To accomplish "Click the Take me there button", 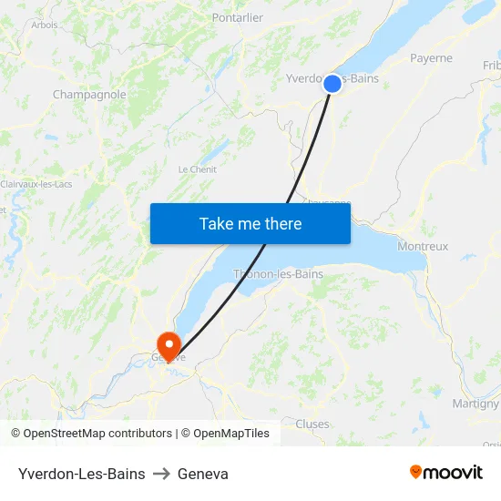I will [x=250, y=223].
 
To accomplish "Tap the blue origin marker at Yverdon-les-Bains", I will [x=332, y=84].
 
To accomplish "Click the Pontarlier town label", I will [x=237, y=17].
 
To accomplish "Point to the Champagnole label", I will [x=89, y=94].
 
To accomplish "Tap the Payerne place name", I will [x=431, y=58].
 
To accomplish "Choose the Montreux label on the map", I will [x=423, y=246].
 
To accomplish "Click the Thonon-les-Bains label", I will [x=278, y=273].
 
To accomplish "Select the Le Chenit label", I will [x=197, y=169].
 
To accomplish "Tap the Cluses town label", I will [x=312, y=424].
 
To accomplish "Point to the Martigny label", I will [x=475, y=404].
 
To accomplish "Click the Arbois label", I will [x=44, y=25].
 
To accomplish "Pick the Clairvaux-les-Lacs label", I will [x=36, y=184].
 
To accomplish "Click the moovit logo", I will [x=446, y=472].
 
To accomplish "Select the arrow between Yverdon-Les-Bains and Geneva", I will [x=161, y=474].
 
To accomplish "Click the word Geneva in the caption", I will [x=203, y=474].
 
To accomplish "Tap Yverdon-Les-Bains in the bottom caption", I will [x=81, y=474].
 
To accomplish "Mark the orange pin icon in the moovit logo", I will [x=416, y=472].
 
